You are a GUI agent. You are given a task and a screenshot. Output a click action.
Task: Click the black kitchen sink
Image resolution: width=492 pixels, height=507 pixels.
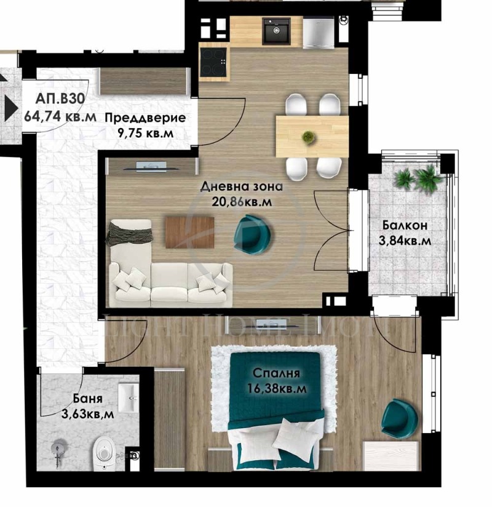click(x=276, y=30)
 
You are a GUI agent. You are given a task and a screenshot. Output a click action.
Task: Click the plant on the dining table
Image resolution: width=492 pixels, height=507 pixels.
click(x=307, y=137)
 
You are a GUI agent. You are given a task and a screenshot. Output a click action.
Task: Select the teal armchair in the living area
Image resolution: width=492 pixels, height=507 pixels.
click(x=251, y=233)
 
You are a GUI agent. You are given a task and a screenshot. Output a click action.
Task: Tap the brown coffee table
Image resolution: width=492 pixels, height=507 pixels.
click(x=189, y=232)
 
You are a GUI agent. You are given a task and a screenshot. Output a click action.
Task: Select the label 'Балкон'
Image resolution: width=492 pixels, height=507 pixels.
click(x=403, y=225)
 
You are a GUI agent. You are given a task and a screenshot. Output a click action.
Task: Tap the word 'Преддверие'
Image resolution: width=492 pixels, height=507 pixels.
click(x=144, y=118)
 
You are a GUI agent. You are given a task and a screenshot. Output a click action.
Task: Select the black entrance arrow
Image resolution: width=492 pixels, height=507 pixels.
click(x=10, y=106)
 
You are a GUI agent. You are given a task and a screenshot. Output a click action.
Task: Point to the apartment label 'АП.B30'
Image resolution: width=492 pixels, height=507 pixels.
click(x=60, y=98)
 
